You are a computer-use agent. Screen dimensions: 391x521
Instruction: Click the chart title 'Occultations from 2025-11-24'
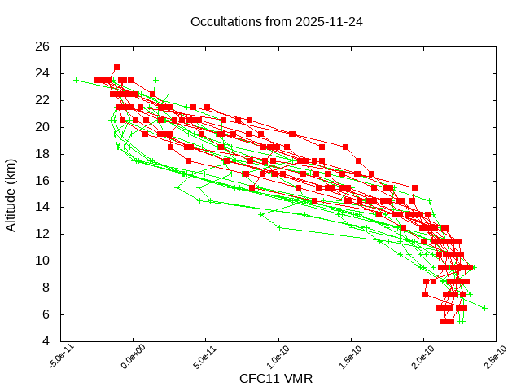coord(276,22)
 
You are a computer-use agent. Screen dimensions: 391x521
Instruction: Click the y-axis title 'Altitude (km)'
coord(11,194)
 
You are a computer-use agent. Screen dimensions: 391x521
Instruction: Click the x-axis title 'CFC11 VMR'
coord(276,379)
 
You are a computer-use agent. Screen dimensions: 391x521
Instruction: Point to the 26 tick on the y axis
coord(42,46)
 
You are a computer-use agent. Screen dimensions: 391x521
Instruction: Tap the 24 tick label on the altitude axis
coord(42,73)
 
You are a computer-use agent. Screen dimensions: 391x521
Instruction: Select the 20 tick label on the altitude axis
coord(42,127)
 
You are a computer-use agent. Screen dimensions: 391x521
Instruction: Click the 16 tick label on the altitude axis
coord(42,180)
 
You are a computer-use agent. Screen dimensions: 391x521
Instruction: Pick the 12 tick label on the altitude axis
coord(42,234)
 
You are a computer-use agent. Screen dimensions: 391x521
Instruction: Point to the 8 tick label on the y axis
coord(46,288)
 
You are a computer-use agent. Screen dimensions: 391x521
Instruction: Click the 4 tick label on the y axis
coord(46,340)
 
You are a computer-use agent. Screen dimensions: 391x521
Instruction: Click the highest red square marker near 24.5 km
coord(116,67)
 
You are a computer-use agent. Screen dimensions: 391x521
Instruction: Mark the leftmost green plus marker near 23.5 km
coord(76,80)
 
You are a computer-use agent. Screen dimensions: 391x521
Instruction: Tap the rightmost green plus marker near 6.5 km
coord(485,308)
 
